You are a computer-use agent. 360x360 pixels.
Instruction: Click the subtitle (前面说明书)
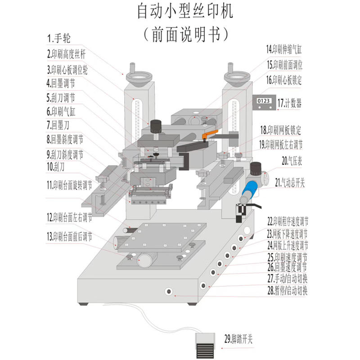coord(185,34)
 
